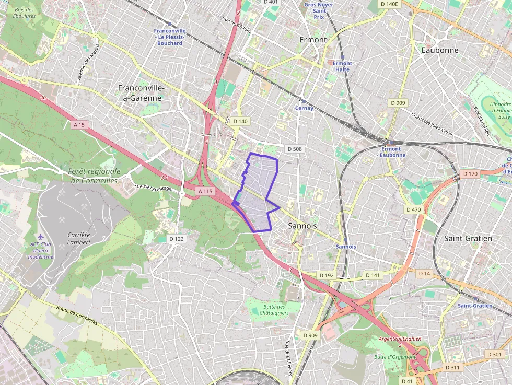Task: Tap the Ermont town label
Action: click(313, 40)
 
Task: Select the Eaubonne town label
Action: click(439, 50)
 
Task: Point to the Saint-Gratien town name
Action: click(468, 238)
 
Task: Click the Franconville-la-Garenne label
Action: click(141, 93)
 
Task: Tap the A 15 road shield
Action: click(79, 125)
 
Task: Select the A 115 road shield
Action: click(205, 192)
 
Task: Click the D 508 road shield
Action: click(295, 149)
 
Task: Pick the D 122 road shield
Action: click(177, 239)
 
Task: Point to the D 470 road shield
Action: click(413, 209)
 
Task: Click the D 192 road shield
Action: click(326, 275)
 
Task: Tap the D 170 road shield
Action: click(470, 174)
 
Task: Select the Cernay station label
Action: click(304, 108)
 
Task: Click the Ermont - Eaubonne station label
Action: click(392, 152)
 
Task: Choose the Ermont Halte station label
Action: click(343, 66)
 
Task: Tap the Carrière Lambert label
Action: click(79, 239)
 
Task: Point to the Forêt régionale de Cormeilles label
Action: click(95, 176)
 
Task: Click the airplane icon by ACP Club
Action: click(42, 237)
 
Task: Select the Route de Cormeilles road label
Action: click(77, 315)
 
